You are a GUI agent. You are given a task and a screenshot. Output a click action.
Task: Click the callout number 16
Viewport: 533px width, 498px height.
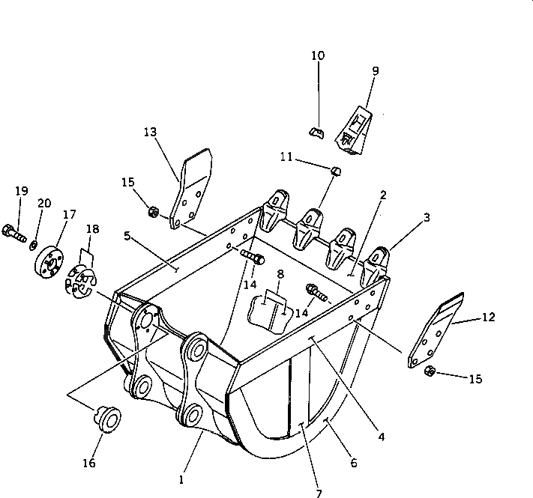[x=88, y=464]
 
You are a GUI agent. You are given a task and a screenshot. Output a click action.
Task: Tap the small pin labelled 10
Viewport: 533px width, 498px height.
[x=316, y=133]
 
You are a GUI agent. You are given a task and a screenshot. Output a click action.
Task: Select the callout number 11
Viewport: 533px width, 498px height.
[x=286, y=157]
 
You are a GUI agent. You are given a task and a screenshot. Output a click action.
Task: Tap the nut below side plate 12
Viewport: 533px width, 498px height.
[x=430, y=371]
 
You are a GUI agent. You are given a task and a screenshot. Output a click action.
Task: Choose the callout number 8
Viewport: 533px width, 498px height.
[x=280, y=274]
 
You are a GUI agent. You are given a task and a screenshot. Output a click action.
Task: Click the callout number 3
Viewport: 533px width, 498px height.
[x=427, y=218]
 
